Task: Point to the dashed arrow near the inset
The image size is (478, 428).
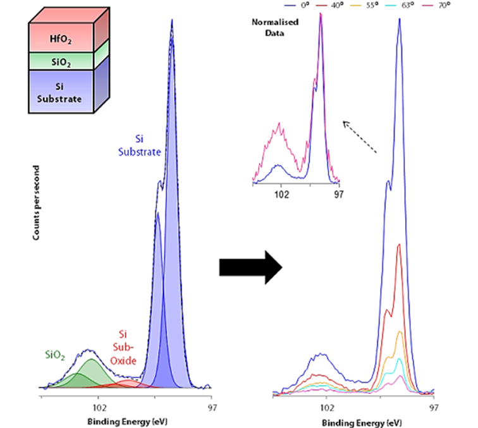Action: (360, 137)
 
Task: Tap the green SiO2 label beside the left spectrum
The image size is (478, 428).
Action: (56, 356)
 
